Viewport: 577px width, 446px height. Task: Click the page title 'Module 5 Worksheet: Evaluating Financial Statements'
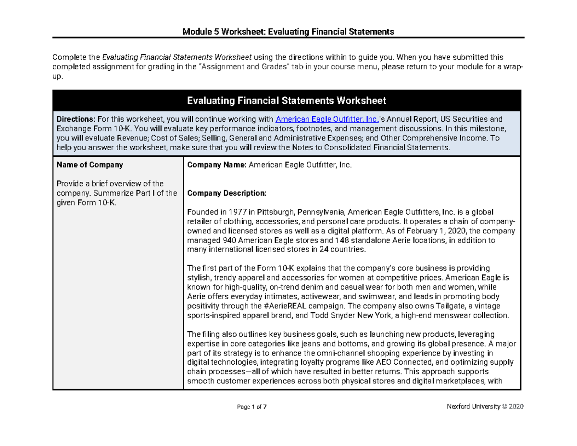[288, 32]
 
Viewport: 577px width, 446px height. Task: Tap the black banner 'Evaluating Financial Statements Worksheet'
[287, 101]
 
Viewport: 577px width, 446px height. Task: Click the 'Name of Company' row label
[90, 165]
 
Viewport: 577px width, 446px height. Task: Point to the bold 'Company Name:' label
[217, 165]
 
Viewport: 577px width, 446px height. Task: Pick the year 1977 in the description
[230, 212]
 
